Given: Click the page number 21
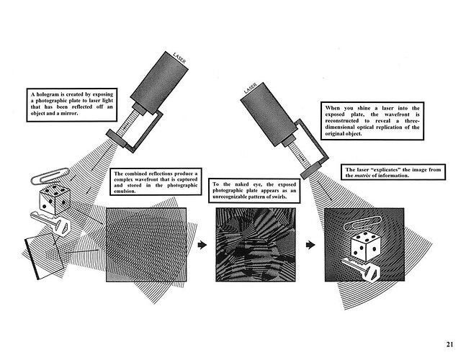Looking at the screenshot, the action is click(449, 344).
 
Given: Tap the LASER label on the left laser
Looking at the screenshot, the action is click(179, 58).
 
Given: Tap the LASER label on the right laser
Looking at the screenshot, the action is click(250, 89).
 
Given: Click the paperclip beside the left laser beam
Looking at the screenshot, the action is click(50, 176).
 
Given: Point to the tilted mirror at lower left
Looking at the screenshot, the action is click(45, 256).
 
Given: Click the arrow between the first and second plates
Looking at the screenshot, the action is click(202, 245).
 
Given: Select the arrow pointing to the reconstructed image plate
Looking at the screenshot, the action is click(310, 245).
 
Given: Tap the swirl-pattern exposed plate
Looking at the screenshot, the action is click(256, 245).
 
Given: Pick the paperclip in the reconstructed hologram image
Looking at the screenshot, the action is click(362, 222).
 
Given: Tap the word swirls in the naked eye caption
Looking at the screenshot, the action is click(280, 197).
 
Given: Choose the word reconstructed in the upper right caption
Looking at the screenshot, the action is click(342, 120).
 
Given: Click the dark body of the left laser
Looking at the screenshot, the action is click(159, 83).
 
